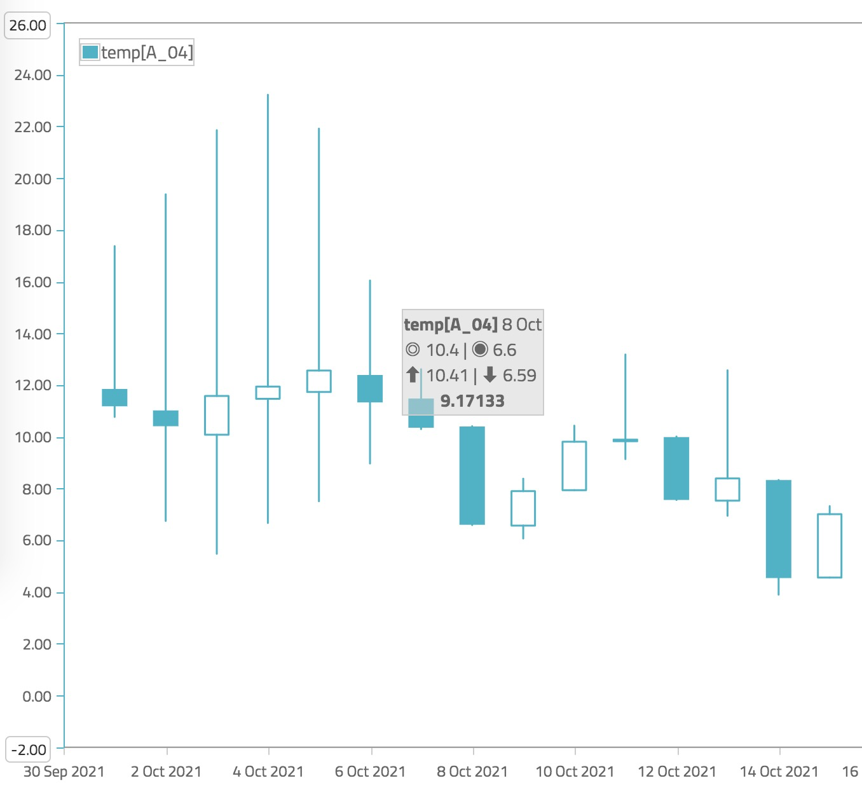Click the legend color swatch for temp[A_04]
[x=90, y=52]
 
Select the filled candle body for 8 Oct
[x=472, y=475]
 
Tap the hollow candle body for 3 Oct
[x=217, y=415]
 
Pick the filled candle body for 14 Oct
[x=779, y=529]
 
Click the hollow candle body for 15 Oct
[x=830, y=545]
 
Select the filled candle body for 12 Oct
[x=676, y=468]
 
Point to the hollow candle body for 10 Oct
[x=574, y=466]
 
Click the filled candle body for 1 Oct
[x=114, y=397]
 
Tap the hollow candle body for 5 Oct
[x=318, y=381]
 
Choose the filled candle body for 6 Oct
[x=370, y=388]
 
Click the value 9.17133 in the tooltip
[x=472, y=401]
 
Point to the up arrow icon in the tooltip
[x=413, y=375]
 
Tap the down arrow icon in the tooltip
[x=489, y=375]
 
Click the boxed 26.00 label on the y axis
[x=28, y=25]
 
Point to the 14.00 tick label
[x=33, y=334]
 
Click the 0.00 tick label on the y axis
[x=37, y=696]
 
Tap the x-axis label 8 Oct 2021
[x=472, y=772]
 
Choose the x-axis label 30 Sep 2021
[x=64, y=772]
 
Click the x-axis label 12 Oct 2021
[x=677, y=772]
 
